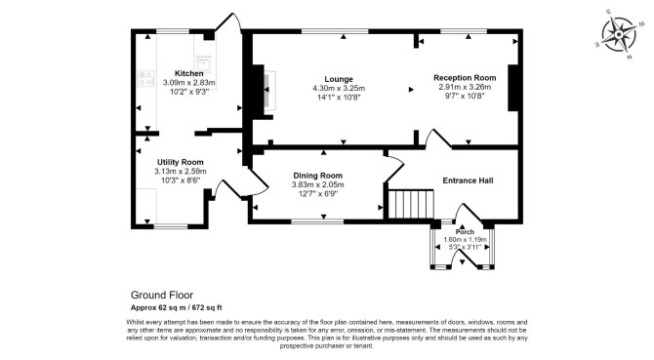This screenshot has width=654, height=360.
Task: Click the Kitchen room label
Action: [189, 73]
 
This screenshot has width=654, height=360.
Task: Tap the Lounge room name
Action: [339, 79]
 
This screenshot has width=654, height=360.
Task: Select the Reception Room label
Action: [465, 77]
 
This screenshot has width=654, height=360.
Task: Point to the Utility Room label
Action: [181, 162]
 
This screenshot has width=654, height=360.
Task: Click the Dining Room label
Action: [318, 176]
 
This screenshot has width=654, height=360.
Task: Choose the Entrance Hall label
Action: [468, 180]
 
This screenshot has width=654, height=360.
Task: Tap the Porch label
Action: [465, 231]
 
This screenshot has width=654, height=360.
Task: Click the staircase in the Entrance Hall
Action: [411, 204]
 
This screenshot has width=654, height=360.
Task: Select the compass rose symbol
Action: [619, 34]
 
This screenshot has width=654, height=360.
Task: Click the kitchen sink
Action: [203, 63]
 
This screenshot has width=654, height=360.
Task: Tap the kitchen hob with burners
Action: [146, 79]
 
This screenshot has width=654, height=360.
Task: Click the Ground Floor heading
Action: [162, 295]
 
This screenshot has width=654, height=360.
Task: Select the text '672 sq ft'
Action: [207, 308]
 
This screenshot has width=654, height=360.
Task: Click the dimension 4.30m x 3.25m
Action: [339, 89]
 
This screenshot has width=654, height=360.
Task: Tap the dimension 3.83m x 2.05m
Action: [318, 184]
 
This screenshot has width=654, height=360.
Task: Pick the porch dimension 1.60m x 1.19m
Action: [465, 240]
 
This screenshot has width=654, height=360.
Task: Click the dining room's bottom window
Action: [317, 221]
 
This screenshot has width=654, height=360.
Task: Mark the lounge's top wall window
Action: [335, 31]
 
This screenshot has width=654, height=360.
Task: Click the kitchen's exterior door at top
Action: [228, 22]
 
